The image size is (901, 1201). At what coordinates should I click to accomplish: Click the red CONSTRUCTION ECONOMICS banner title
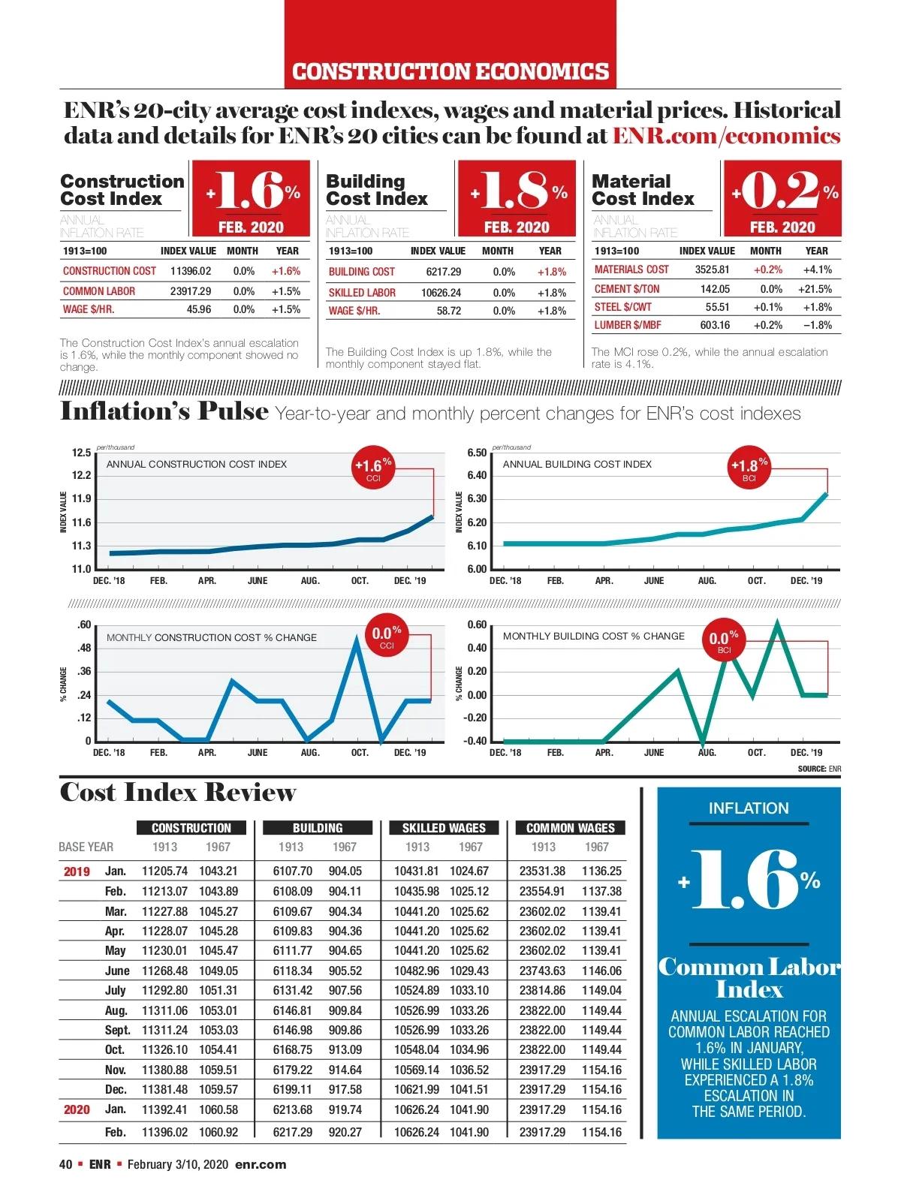tap(450, 71)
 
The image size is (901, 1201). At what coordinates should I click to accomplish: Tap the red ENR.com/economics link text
tap(726, 136)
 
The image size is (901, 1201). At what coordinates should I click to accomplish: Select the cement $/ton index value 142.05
tap(715, 289)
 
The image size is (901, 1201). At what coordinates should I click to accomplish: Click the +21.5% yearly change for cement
tap(815, 289)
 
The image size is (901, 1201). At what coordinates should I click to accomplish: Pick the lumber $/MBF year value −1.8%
tap(817, 325)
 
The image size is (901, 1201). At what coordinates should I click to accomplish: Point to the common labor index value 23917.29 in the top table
tap(190, 291)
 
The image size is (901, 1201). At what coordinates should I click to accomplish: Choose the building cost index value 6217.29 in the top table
tap(443, 272)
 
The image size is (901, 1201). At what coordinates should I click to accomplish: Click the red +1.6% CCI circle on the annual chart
tap(373, 468)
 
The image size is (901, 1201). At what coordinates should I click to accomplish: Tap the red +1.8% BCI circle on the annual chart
tap(749, 468)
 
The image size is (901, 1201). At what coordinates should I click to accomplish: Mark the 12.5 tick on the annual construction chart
tap(81, 453)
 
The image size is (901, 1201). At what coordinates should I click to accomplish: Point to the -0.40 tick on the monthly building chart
tap(476, 741)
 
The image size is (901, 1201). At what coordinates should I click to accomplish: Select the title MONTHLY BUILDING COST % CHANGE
tap(593, 636)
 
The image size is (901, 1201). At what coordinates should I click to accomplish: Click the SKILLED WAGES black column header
tap(444, 828)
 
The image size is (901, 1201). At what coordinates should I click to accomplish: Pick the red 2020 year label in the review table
tap(77, 1109)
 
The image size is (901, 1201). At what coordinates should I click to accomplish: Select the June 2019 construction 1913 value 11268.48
tap(164, 971)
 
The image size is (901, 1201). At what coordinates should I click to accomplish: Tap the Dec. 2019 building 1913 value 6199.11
tap(292, 1089)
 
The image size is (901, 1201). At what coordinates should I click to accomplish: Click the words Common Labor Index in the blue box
tap(749, 977)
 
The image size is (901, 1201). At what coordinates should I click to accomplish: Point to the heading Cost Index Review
tap(178, 793)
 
